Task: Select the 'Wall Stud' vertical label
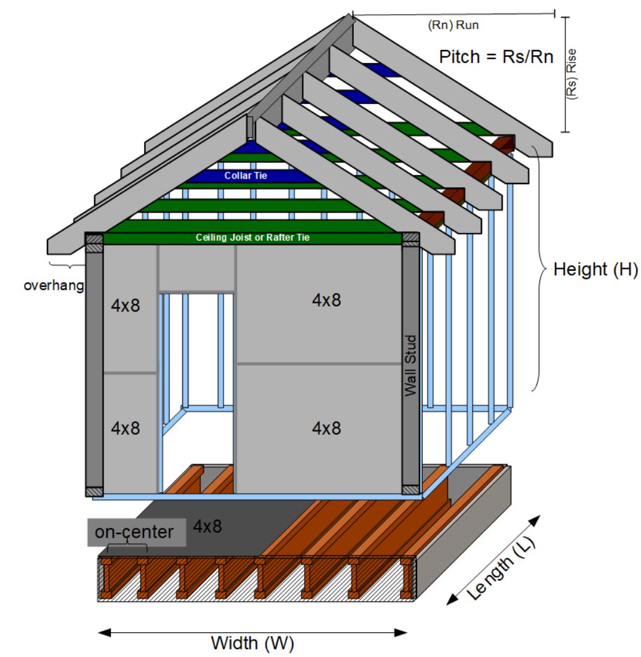coord(410,365)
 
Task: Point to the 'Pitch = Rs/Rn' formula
coord(496,57)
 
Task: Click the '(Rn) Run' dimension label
coord(454,26)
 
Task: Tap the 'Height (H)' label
coord(587,269)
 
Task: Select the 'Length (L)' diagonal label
coord(502,569)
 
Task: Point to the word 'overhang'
coord(53,286)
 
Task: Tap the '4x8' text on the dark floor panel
coord(208,527)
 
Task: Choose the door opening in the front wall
coord(197,383)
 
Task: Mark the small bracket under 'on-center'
coord(127,547)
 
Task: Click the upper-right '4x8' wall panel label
coord(326,300)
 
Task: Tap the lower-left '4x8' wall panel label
coord(126,428)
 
